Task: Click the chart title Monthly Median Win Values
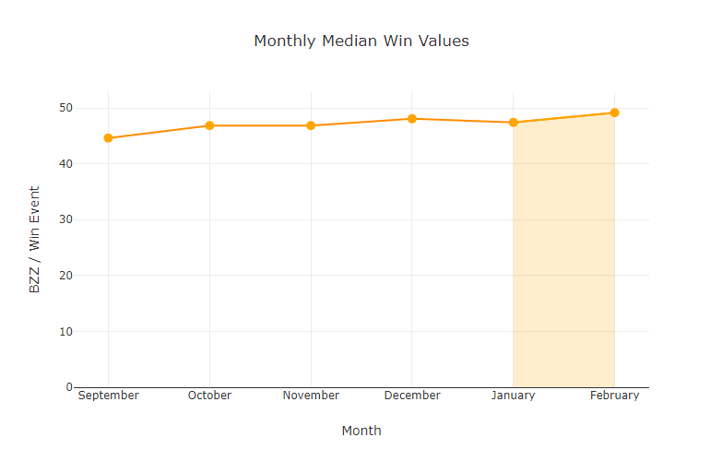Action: (361, 41)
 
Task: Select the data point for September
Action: (109, 138)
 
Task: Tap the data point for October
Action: (209, 125)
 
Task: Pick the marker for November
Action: (311, 125)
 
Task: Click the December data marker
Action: (412, 119)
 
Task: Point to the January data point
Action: (514, 123)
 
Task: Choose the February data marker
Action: (614, 112)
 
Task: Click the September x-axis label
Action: (109, 396)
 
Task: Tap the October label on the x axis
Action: (209, 396)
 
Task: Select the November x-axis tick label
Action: (311, 396)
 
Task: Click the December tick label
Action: (412, 396)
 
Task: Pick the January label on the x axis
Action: (514, 396)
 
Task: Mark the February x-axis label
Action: (614, 396)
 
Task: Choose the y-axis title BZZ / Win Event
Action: (35, 240)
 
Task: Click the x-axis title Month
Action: (361, 431)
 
